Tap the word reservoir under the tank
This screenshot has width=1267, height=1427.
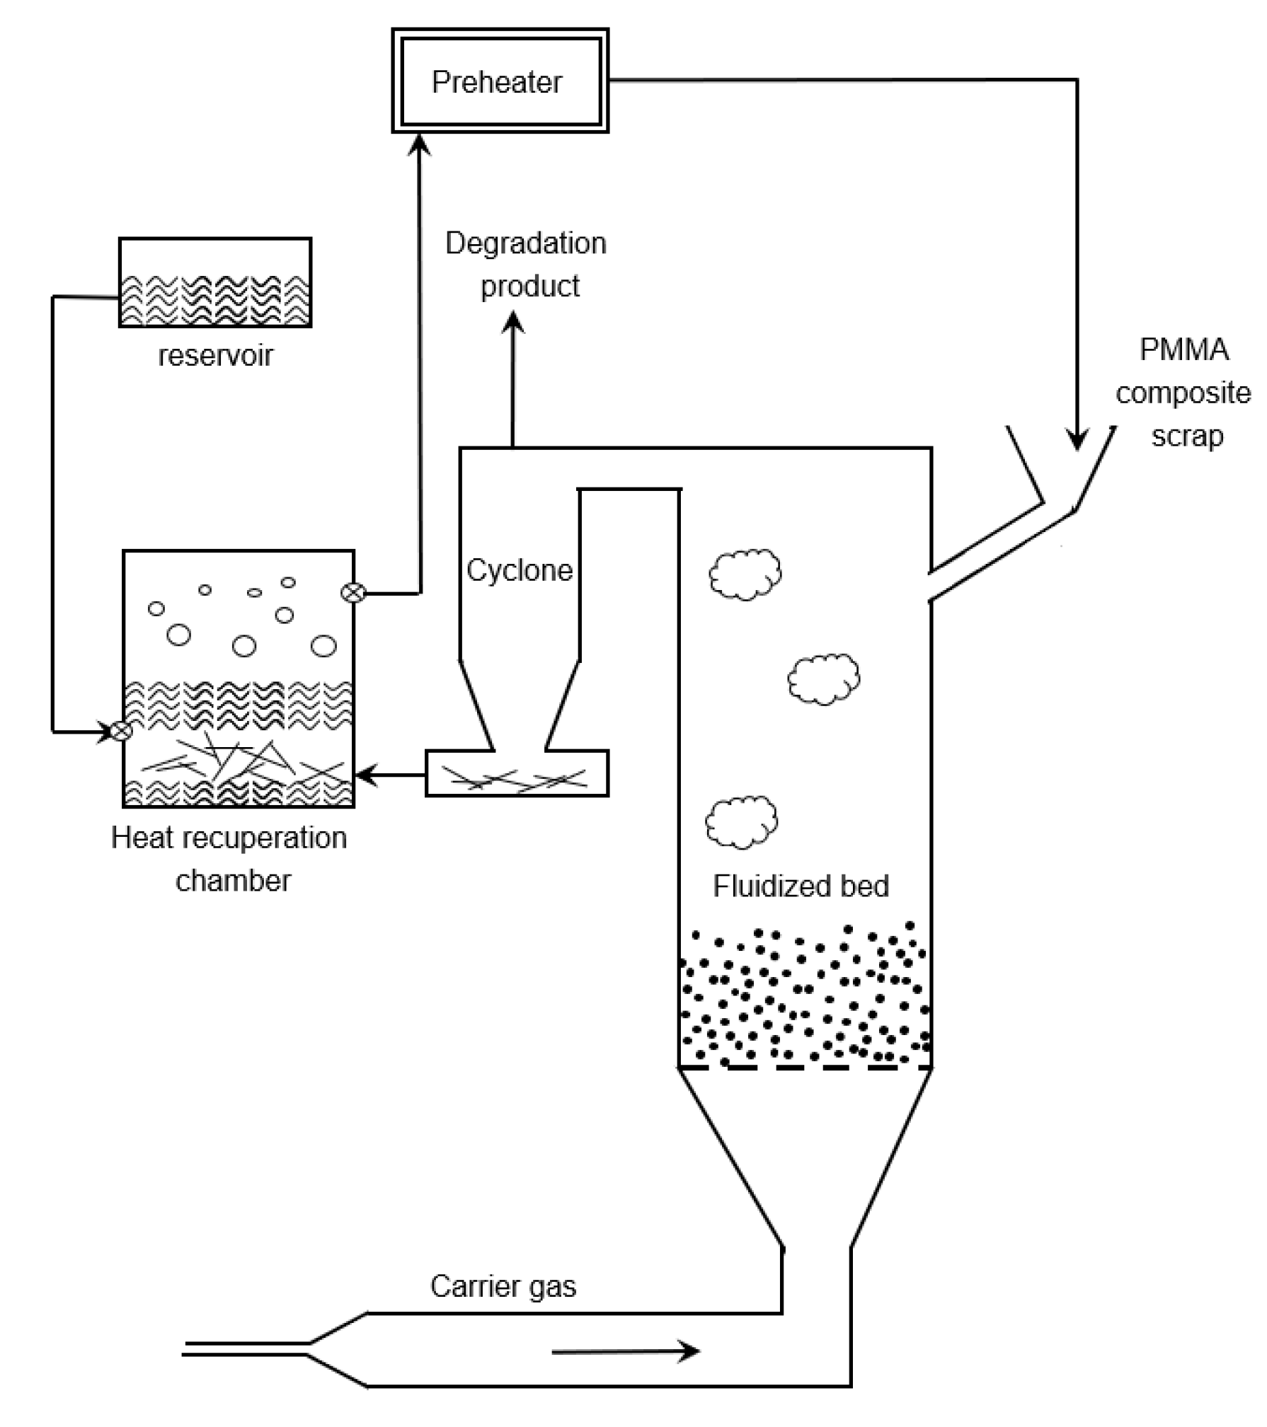tap(215, 355)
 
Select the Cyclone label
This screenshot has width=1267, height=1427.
tap(519, 570)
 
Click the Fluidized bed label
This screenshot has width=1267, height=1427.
tap(800, 886)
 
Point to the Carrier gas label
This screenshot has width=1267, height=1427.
tap(503, 1286)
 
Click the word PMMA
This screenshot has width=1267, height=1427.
tap(1183, 349)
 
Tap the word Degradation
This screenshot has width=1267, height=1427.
tap(525, 243)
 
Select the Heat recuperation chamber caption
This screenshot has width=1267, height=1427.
tap(229, 858)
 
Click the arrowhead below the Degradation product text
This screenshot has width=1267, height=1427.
tap(512, 324)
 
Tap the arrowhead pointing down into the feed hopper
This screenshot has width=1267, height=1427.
tap(1077, 440)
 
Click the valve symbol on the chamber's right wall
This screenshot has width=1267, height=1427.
tap(352, 593)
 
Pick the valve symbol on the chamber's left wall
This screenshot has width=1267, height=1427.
tap(122, 731)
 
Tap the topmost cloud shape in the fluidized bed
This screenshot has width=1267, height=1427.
tap(745, 574)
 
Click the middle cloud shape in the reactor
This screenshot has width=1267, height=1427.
tap(823, 679)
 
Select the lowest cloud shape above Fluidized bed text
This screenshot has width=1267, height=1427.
tap(741, 823)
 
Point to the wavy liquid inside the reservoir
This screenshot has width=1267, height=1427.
tap(215, 300)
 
